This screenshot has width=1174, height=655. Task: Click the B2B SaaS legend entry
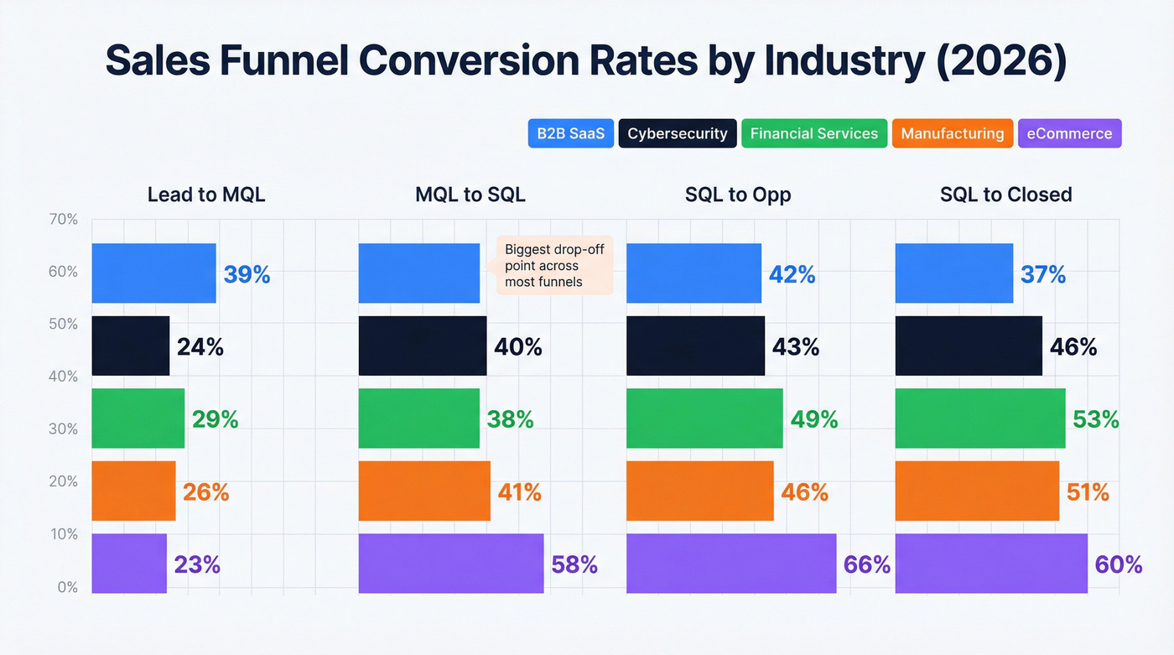(570, 133)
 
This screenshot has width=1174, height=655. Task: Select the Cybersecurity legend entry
(678, 133)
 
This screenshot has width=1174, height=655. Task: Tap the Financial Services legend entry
(813, 133)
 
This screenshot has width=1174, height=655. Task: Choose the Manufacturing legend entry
(952, 133)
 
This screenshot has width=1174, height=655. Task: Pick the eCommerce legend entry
(1069, 133)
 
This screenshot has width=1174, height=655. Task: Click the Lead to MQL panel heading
(205, 195)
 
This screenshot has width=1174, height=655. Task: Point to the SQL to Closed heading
(1005, 195)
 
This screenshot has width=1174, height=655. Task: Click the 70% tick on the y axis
(63, 220)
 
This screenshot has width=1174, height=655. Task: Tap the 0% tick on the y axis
(67, 587)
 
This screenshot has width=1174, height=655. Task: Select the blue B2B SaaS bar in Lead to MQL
(153, 273)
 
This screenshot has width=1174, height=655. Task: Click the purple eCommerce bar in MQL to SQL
(450, 564)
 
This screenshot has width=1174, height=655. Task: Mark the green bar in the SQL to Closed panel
(979, 418)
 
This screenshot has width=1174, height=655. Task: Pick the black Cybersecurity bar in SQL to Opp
(695, 346)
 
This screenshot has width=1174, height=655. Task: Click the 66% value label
(866, 564)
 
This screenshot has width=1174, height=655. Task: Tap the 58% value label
(574, 564)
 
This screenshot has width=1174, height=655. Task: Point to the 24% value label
(200, 346)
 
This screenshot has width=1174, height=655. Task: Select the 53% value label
(1095, 419)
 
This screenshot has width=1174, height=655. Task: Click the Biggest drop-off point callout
(553, 265)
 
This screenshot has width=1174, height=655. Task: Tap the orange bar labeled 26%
(133, 491)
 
